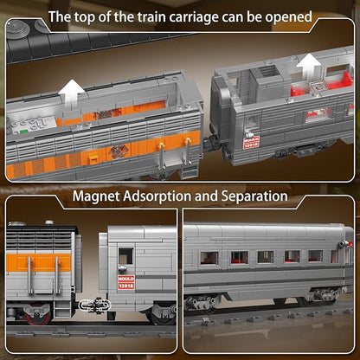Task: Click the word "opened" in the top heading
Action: pos(285,16)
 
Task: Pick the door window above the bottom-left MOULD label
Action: pos(125,255)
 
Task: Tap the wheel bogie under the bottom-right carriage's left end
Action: pos(204,302)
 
